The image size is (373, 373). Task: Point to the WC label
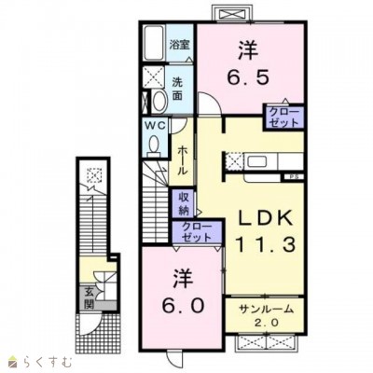coord(153,127)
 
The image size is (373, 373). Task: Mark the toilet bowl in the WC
coord(153,145)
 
